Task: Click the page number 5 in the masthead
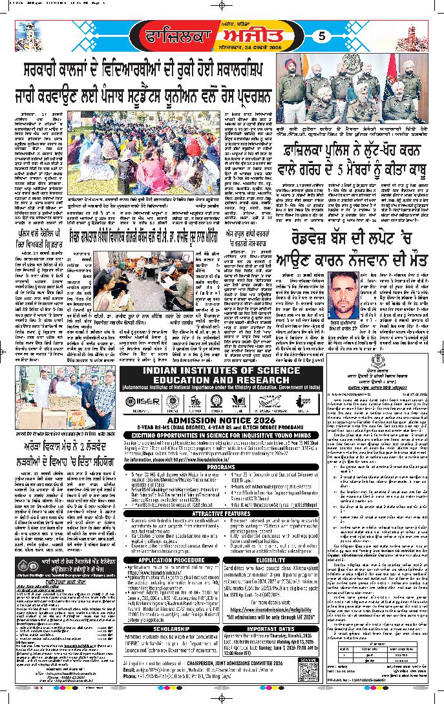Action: [322, 37]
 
